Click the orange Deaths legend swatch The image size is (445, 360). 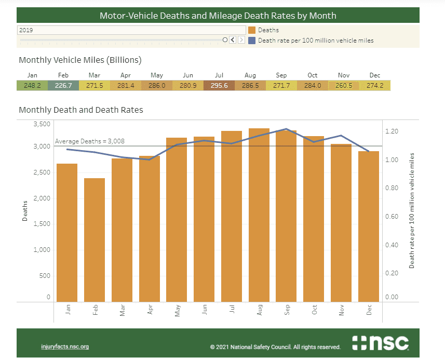252,30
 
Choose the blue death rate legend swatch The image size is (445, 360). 252,40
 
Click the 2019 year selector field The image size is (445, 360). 131,30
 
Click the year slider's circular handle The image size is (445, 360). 225,39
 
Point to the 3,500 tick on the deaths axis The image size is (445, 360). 43,124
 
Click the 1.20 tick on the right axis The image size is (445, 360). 392,131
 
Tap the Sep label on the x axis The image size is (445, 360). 287,310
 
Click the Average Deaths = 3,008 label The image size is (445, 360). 90,141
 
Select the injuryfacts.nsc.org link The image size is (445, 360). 65,346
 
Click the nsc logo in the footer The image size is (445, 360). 380,343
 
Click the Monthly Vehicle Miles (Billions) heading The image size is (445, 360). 80,60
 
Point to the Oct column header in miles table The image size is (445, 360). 312,75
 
